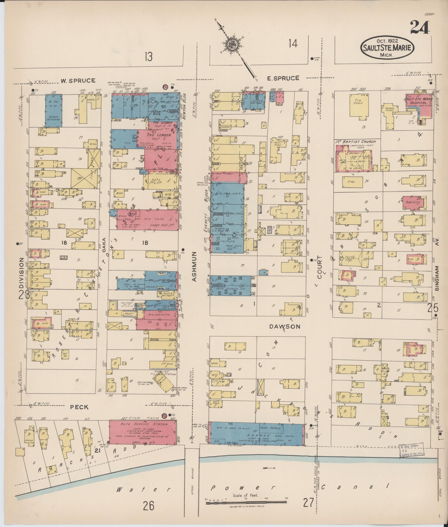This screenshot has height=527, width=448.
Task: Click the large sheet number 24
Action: pyautogui.click(x=420, y=27)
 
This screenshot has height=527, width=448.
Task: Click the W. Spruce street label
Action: pyautogui.click(x=77, y=80)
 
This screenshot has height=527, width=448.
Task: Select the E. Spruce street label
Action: pyautogui.click(x=283, y=78)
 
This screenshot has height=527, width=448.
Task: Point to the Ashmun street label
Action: pyautogui.click(x=194, y=266)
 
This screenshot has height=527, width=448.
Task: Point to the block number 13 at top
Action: pyautogui.click(x=148, y=57)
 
